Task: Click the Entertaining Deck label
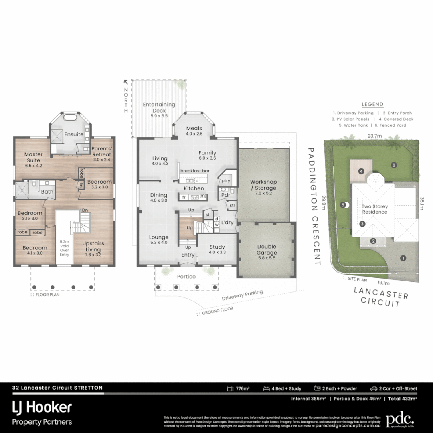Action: coord(159,107)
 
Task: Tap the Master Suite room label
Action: coord(33,157)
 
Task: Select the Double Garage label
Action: coord(267,249)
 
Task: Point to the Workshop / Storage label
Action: coord(263,185)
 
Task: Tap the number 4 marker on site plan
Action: coord(361,171)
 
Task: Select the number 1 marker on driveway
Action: coord(403,258)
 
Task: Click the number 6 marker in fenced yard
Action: coord(394,165)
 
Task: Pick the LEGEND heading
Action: coord(372,104)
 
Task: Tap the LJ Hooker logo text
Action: coord(42,407)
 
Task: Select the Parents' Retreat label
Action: coord(101,151)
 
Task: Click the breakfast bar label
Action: coord(195,171)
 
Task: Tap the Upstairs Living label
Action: coord(93,246)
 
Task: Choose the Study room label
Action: coord(217,249)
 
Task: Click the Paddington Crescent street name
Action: coord(316,206)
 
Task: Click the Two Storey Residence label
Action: coord(374,209)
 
